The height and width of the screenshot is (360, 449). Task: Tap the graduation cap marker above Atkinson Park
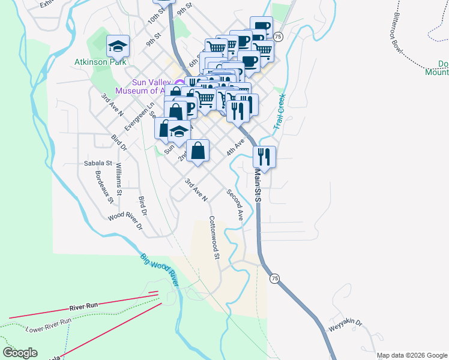point(118,46)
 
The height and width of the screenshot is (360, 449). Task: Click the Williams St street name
point(119,179)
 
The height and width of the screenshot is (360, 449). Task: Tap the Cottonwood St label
point(214,238)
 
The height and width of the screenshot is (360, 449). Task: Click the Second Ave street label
point(234,205)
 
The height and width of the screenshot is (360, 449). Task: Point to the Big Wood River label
point(160,269)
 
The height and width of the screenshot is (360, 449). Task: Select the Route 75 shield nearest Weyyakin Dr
point(274,279)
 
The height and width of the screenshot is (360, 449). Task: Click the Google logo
point(20,353)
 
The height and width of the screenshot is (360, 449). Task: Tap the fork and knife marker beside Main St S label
point(264,157)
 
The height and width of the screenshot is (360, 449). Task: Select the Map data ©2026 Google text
point(411,355)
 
